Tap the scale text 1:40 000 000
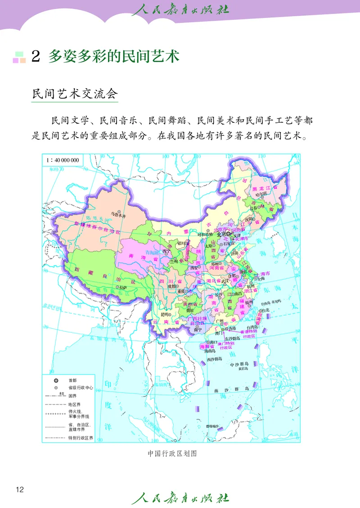(63, 160)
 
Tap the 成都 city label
(172, 285)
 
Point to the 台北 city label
(265, 310)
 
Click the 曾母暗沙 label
(212, 426)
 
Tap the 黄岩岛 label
(243, 368)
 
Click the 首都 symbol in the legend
(55, 380)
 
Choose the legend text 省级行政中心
(81, 388)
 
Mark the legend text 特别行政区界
(81, 437)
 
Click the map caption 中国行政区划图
(172, 454)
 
